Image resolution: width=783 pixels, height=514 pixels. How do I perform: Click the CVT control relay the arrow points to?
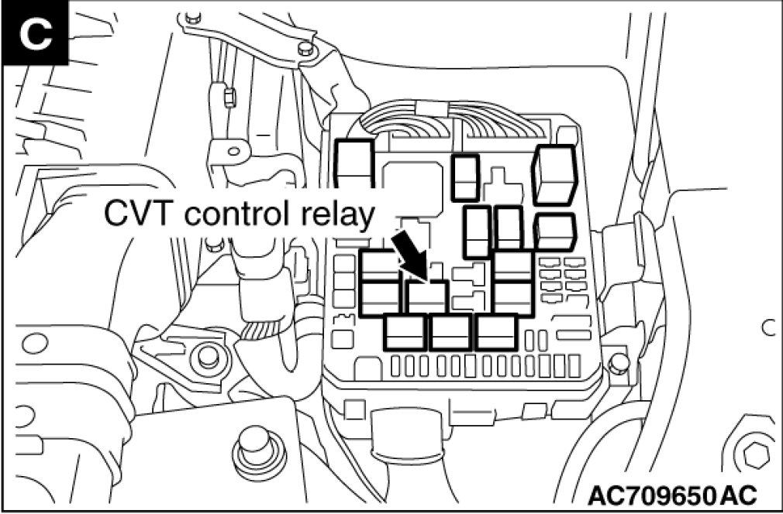pos(426,295)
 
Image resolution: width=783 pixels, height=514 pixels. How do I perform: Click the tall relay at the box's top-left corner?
pos(354,164)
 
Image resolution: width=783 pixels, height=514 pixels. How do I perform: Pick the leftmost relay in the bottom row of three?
pos(405,332)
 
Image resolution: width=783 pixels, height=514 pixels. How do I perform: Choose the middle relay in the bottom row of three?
pos(451,332)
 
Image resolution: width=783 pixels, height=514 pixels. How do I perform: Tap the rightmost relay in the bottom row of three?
pos(497,332)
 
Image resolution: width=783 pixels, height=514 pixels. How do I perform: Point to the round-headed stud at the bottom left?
pos(253,445)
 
